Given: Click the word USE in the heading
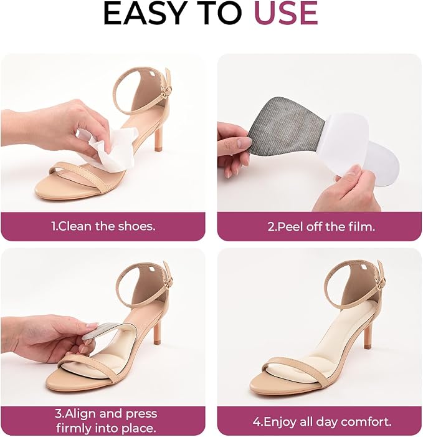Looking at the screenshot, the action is coord(286,13).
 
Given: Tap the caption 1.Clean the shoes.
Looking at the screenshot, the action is coord(103,226).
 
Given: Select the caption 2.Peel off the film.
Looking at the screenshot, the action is coord(321,226).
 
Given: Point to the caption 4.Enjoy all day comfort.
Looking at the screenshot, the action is coord(322,421).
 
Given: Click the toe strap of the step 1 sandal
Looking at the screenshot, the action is coord(79,173).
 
